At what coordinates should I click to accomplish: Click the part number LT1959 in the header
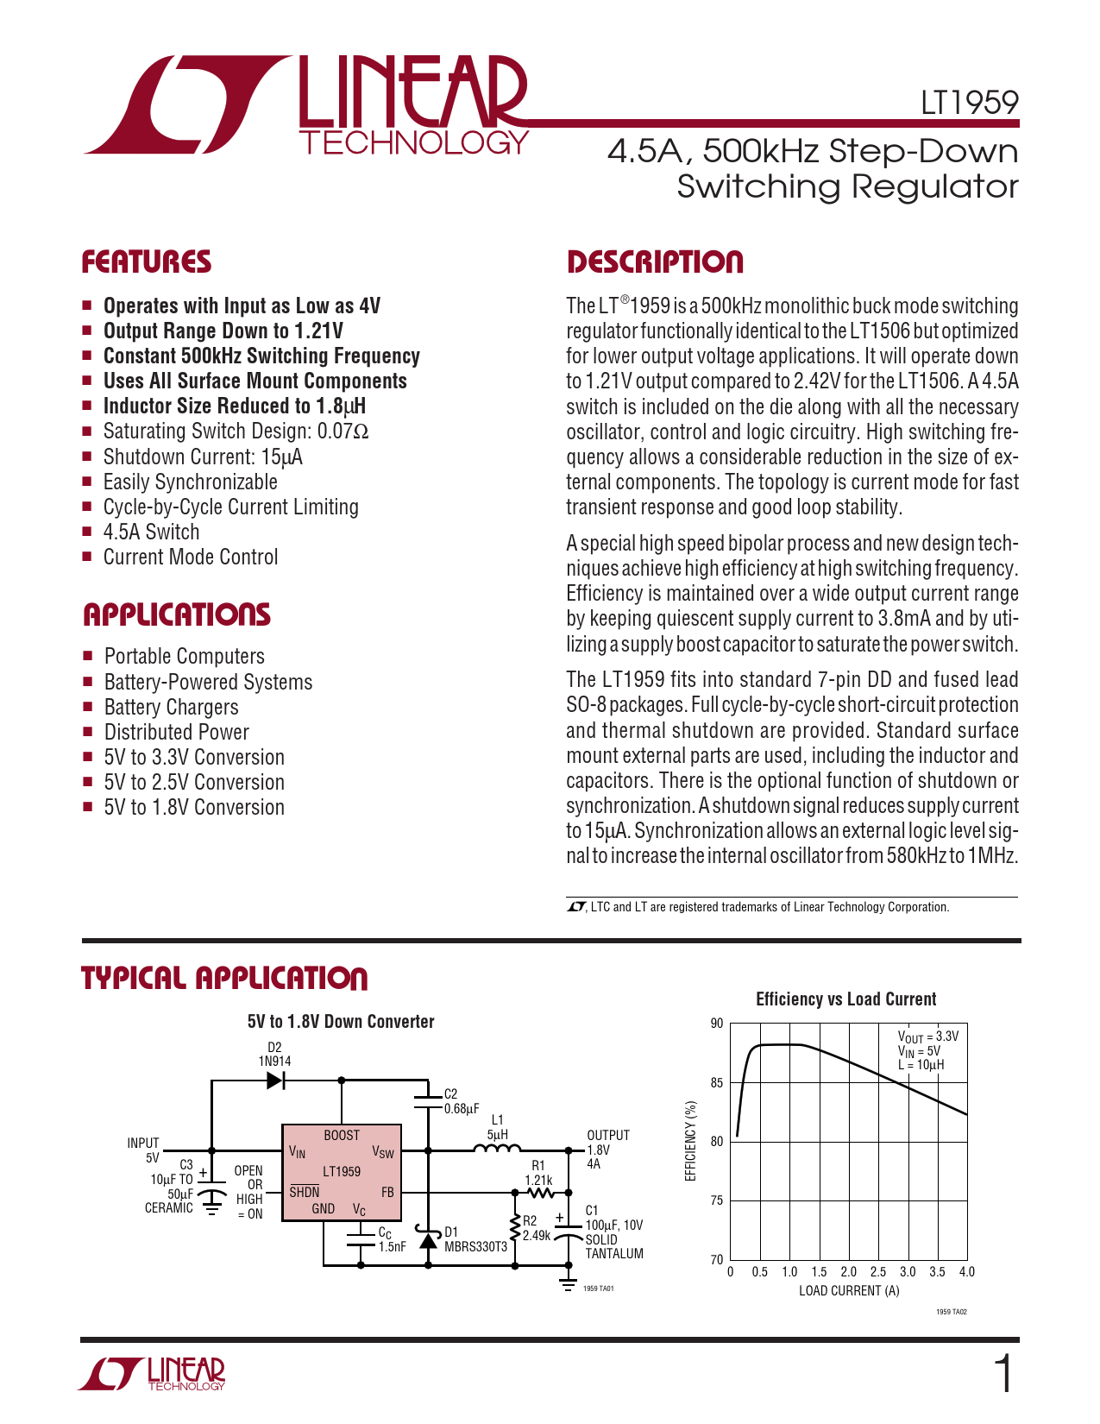pos(969,103)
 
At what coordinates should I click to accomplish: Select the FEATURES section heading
pos(147,262)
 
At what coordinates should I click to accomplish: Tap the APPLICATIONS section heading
pos(177,614)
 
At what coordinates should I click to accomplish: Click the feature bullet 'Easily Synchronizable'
pos(190,482)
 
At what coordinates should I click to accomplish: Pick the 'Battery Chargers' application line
pos(171,707)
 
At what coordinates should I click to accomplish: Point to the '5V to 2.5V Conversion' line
pos(194,782)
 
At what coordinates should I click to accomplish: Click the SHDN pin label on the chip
pos(305,1192)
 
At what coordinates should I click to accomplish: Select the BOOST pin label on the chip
pos(342,1135)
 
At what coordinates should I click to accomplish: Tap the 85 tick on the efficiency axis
pos(717,1082)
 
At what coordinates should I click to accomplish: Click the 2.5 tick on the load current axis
pos(878,1271)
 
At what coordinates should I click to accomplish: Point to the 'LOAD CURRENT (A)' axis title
pos(849,1290)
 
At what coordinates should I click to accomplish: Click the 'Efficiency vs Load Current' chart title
pos(845,999)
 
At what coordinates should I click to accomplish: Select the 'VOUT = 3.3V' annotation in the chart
pos(927,1036)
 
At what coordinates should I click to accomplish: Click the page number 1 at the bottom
pos(1003,1374)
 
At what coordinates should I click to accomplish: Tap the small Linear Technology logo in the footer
pos(153,1374)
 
